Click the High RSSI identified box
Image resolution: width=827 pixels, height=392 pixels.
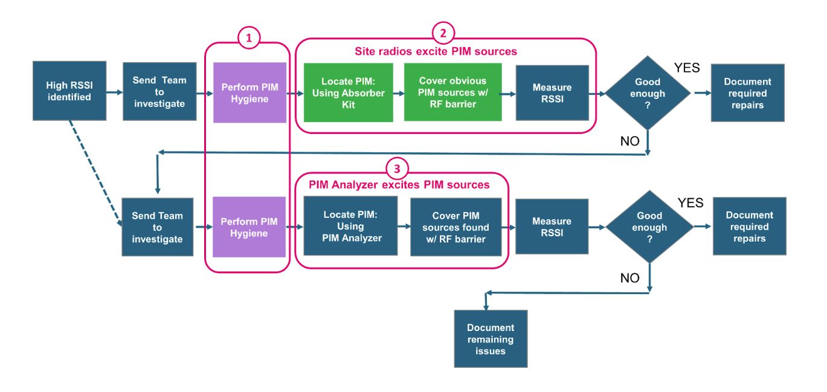[x=69, y=91]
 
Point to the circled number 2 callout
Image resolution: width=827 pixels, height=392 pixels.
[x=443, y=32]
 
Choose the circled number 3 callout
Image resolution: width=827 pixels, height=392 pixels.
[x=397, y=168]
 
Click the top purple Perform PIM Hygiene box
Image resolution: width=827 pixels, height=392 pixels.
[x=249, y=92]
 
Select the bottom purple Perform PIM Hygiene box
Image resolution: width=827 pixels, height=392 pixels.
[x=249, y=227]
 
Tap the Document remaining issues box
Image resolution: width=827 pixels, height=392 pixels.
[x=491, y=338]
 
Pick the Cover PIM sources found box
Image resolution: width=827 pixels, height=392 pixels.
[x=455, y=227]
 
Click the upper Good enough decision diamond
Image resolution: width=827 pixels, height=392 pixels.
[x=648, y=92]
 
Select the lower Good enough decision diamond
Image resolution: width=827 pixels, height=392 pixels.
[x=649, y=227]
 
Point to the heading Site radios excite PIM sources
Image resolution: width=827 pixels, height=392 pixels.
[x=436, y=51]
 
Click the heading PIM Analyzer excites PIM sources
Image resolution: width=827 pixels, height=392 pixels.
[x=399, y=185]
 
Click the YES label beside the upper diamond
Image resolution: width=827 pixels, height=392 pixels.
[x=687, y=68]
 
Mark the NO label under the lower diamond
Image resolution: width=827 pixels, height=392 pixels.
[x=630, y=278]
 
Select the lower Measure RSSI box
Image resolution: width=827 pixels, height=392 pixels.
[x=552, y=227]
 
